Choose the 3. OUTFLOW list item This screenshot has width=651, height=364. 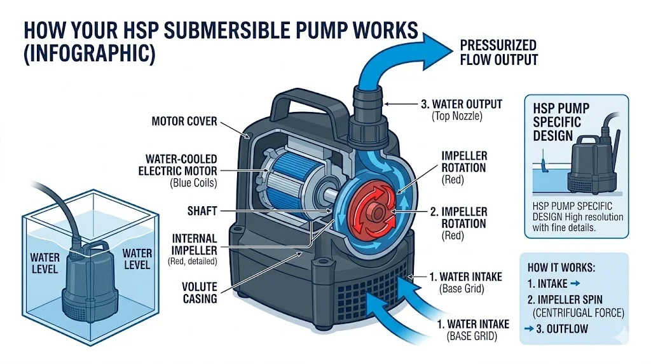(559, 328)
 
